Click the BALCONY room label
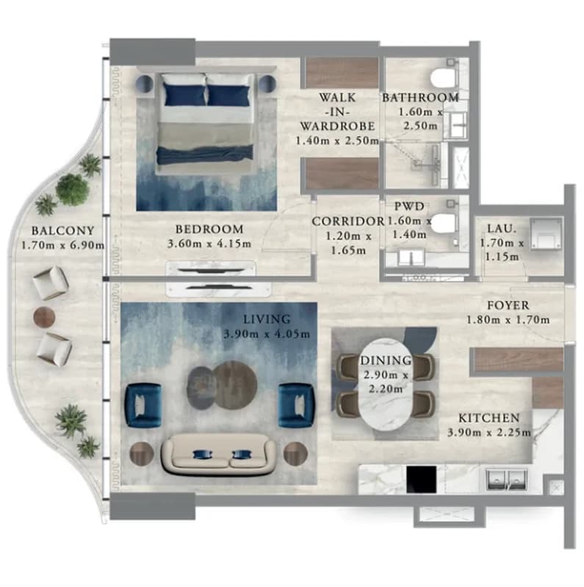[63, 230]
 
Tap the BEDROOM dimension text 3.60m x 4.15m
[209, 243]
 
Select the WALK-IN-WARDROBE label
[338, 112]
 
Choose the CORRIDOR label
[348, 221]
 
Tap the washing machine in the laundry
[546, 234]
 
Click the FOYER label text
[508, 305]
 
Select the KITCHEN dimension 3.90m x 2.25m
[489, 433]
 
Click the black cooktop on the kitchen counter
[422, 480]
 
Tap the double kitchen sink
[507, 480]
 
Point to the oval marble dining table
[386, 385]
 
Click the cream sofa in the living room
[219, 455]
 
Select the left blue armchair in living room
[143, 405]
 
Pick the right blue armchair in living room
[297, 405]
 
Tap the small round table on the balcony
[45, 317]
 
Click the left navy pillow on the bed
[184, 95]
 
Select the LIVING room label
[267, 319]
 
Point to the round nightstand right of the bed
[267, 84]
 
